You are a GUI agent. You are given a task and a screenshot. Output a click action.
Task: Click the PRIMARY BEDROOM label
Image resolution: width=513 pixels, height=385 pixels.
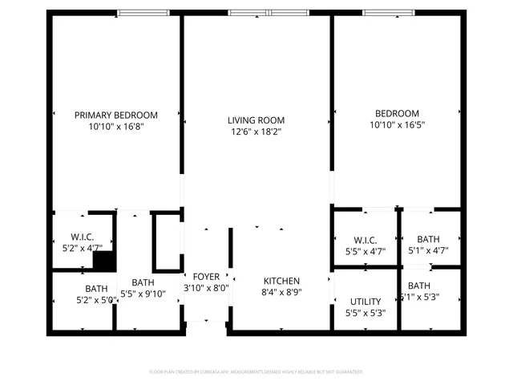click(116, 115)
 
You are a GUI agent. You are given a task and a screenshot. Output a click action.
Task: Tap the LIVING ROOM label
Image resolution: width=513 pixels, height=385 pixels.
click(256, 120)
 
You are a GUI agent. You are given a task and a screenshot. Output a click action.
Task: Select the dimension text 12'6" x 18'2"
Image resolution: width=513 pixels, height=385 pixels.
click(256, 132)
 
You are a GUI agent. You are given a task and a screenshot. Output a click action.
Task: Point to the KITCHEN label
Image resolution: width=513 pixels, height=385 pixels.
click(281, 281)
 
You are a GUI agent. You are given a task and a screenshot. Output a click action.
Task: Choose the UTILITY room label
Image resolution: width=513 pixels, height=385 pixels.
click(365, 302)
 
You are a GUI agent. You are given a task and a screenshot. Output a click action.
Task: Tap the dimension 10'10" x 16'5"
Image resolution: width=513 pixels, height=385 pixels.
click(396, 125)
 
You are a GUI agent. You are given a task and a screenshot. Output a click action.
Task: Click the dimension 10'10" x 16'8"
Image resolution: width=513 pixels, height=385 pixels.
click(116, 126)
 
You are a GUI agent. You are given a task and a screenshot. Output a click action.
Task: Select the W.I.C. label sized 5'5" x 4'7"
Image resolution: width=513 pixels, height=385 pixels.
click(365, 240)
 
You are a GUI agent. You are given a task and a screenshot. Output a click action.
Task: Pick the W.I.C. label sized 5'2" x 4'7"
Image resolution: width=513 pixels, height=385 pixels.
click(83, 237)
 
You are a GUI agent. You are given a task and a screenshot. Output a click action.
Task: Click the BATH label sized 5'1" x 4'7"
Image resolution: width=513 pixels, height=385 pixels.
click(428, 239)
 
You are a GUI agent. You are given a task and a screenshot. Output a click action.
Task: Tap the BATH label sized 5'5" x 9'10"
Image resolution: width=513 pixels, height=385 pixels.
click(143, 282)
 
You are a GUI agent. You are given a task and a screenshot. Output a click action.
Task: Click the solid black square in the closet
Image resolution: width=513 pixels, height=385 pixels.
click(103, 260)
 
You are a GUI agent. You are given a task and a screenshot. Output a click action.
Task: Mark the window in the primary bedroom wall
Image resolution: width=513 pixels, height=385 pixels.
click(142, 12)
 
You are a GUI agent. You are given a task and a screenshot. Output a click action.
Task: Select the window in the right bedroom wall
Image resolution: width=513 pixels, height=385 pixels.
click(389, 12)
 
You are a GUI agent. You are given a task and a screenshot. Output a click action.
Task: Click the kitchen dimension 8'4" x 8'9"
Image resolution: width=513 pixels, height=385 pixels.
click(281, 292)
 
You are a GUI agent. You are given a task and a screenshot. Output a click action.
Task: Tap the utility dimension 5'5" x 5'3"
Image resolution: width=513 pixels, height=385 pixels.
click(365, 313)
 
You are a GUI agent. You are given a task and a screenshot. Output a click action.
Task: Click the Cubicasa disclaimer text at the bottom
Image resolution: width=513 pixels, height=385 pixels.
click(256, 372)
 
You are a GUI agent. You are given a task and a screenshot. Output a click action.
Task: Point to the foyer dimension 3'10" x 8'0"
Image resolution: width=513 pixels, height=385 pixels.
click(206, 288)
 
